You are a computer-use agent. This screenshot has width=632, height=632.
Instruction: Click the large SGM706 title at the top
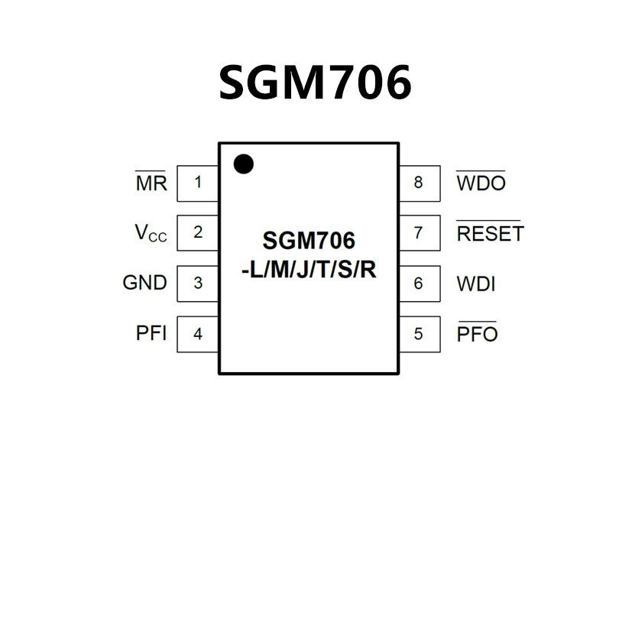[x=315, y=83]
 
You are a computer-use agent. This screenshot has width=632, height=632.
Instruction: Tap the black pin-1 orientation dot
[x=243, y=164]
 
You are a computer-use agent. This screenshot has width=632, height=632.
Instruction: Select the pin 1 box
[x=198, y=183]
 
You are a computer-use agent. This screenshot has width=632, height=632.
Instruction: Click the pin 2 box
[x=198, y=233]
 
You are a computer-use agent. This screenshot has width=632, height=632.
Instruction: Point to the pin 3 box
[x=198, y=284]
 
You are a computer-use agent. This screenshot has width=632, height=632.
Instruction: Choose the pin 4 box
[x=198, y=334]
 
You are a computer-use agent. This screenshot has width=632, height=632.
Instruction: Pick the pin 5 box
[x=419, y=334]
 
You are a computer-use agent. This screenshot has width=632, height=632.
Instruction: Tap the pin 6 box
[x=419, y=284]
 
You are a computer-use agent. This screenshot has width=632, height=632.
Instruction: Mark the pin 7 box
[x=419, y=233]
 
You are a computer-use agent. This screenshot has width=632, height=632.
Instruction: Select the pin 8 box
[x=419, y=183]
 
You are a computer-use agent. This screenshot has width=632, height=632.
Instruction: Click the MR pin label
[x=151, y=183]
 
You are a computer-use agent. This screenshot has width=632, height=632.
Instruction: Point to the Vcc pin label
[x=151, y=234]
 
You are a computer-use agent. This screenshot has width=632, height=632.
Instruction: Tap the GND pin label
[x=144, y=283]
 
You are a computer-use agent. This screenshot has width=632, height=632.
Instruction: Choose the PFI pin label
[x=151, y=334]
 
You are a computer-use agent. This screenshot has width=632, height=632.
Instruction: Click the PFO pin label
[x=477, y=334]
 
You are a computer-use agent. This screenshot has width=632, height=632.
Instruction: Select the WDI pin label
[x=476, y=284]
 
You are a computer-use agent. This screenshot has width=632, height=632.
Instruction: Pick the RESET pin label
[x=490, y=234]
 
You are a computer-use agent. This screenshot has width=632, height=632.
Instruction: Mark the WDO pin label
[x=481, y=183]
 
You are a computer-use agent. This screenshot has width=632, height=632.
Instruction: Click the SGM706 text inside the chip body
[x=309, y=241]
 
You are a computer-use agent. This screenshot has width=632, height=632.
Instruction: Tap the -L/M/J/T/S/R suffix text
[x=309, y=270]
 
